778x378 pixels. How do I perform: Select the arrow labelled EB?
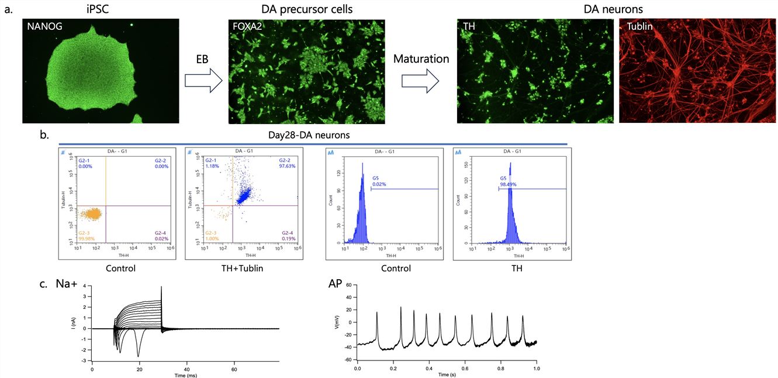point(203,81)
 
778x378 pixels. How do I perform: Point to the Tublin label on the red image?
point(639,27)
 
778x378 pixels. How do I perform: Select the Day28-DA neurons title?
point(313,135)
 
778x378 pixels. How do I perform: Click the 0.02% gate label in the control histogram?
point(380,184)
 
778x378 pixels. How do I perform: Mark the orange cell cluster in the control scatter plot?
point(91,215)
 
